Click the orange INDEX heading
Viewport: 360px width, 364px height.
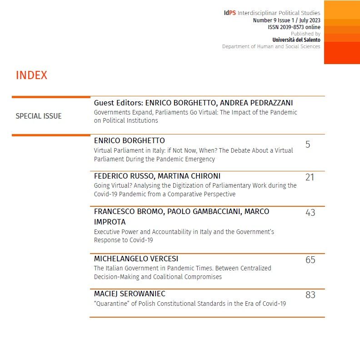[31, 75]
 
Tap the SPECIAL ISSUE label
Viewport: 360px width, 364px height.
[39, 116]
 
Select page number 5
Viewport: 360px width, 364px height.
[308, 145]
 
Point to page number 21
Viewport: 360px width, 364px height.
[310, 177]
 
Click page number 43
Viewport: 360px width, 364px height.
[310, 212]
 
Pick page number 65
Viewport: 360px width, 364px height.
[310, 260]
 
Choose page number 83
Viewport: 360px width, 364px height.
[310, 295]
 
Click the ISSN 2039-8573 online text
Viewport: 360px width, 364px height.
[294, 27]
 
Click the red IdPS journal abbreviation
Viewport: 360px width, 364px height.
[230, 13]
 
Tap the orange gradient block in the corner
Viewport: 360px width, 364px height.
[342, 32]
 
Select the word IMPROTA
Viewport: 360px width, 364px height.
[110, 222]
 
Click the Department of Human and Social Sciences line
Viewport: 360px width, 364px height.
[271, 46]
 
